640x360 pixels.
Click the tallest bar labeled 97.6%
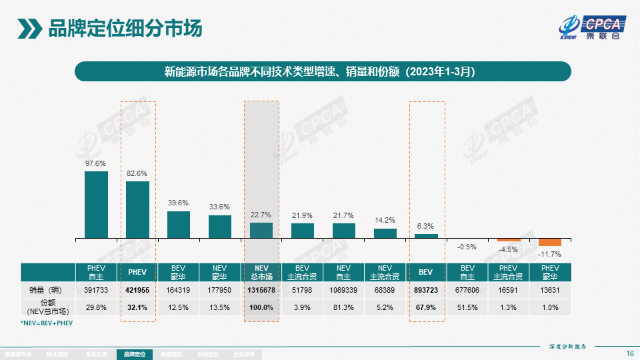pos(96,205)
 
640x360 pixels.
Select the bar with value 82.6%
pos(137,209)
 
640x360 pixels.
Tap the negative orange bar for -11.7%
pos(550,242)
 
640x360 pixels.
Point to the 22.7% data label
pos(261,215)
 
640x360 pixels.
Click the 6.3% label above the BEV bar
pos(427,226)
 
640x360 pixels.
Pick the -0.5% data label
pos(467,247)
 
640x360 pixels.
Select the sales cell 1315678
pos(261,290)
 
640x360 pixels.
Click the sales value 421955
pos(137,290)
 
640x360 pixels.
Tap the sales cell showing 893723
pos(427,290)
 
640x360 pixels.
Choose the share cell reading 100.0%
pos(261,307)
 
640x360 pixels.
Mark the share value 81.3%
pos(344,307)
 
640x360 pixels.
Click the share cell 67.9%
pos(427,307)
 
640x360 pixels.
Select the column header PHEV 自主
pos(96,272)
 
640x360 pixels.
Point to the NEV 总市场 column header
pos(261,272)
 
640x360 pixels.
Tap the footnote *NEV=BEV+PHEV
pos(47,323)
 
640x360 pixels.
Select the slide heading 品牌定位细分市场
pos(125,29)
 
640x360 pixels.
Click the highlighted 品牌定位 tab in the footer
pos(134,355)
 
